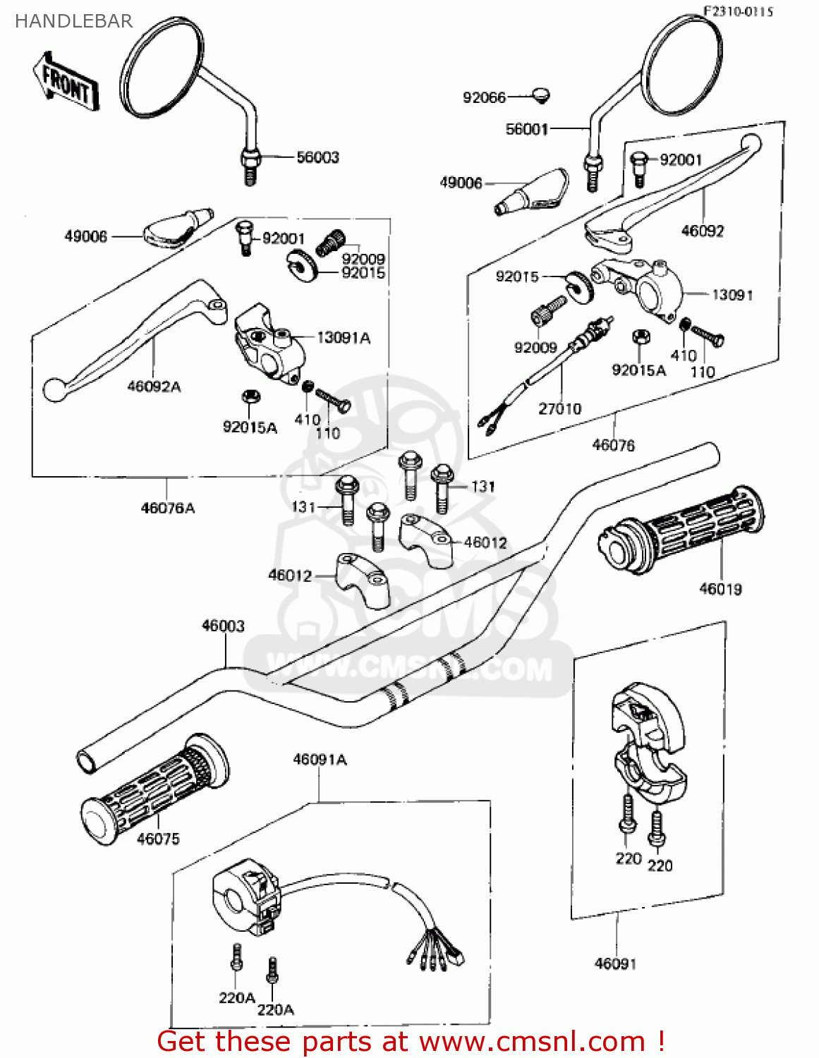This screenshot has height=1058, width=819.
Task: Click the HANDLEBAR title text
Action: (73, 22)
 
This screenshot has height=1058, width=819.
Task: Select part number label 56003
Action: (317, 157)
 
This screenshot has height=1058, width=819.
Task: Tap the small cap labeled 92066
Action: (541, 95)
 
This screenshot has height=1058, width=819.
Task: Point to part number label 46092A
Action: (154, 387)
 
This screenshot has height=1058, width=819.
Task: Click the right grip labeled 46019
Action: (681, 529)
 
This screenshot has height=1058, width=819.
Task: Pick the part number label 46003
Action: (223, 626)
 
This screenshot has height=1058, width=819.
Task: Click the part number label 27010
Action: (560, 408)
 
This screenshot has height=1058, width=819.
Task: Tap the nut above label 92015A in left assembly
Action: (248, 397)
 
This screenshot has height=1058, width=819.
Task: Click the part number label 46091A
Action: (320, 760)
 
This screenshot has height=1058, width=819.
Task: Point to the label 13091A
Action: (344, 338)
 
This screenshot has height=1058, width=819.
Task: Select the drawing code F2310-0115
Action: (738, 11)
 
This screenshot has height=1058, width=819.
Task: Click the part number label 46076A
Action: (168, 508)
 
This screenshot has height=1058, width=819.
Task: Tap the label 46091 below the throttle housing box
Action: (615, 963)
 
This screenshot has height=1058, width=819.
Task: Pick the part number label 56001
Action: (526, 129)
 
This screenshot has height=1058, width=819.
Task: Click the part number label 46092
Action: (703, 231)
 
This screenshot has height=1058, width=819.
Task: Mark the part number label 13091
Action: (732, 295)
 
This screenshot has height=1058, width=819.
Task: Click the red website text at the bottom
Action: (411, 1042)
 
